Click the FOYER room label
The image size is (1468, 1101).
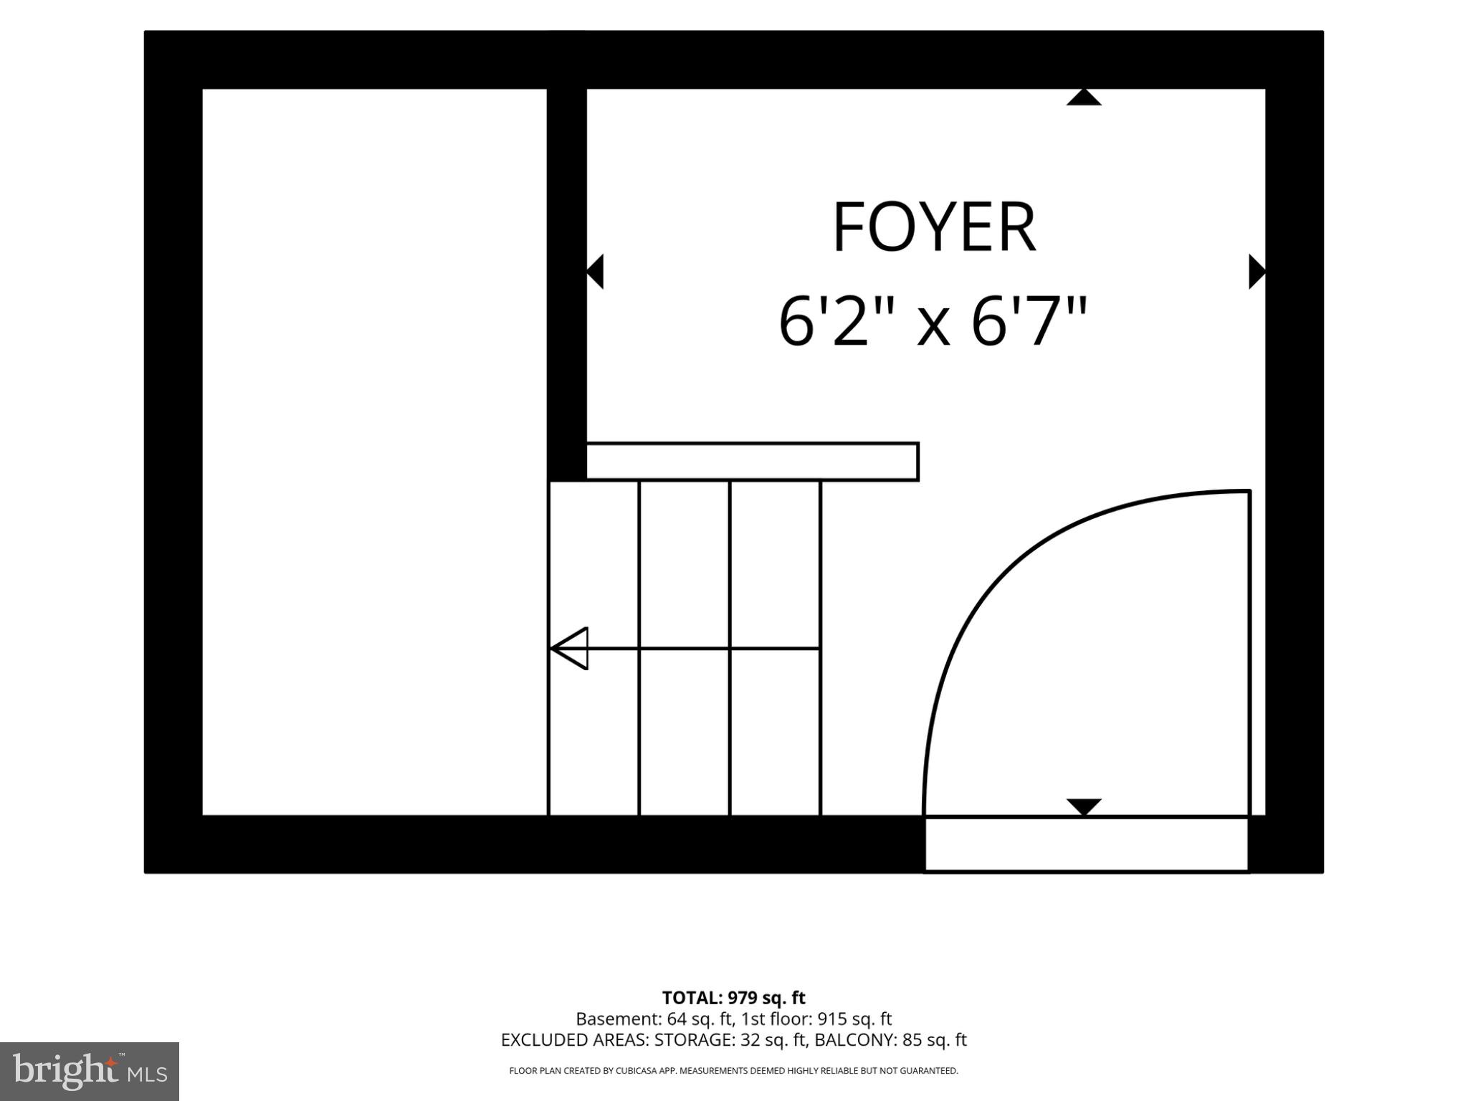tap(934, 227)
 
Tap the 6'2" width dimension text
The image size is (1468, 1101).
tap(834, 322)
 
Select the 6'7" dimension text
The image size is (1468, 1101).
tap(1029, 322)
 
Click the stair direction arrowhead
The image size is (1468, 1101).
tap(569, 649)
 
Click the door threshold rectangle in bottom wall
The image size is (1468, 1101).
tap(1087, 844)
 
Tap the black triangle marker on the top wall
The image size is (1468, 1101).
tap(1084, 97)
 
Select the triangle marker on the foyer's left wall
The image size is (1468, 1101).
tap(595, 272)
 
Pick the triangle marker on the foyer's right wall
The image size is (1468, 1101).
tap(1257, 272)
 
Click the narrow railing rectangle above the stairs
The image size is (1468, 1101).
tap(753, 462)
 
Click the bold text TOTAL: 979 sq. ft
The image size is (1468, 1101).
tap(733, 998)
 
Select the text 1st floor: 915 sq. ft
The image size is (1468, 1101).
tap(816, 1019)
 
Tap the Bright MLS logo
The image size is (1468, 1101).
tap(90, 1071)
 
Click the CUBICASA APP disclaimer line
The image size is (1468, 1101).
tap(733, 1071)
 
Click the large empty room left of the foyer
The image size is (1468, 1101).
tap(375, 452)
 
